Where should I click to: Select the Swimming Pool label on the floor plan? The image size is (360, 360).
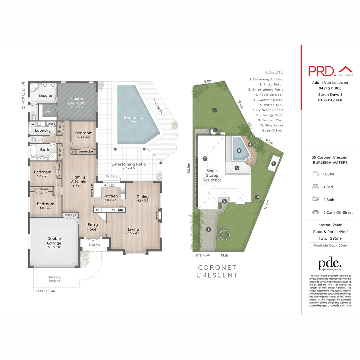[133, 119]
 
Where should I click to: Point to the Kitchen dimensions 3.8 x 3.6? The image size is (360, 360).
[110, 200]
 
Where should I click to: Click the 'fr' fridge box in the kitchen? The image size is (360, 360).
[97, 210]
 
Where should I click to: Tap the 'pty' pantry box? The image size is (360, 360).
[120, 210]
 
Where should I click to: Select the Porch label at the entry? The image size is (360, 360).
[94, 245]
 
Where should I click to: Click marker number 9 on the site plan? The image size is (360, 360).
[215, 110]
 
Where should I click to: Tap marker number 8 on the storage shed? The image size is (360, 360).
[273, 164]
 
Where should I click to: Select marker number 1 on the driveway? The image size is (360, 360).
[208, 229]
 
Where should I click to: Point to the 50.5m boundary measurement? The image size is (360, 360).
[189, 167]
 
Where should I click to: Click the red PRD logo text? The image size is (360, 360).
[322, 71]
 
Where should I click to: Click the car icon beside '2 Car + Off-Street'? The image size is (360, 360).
[315, 212]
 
